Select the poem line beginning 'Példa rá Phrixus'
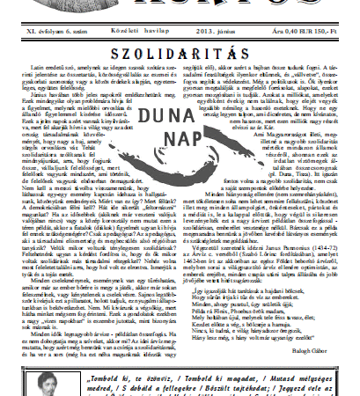[x=247, y=290]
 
